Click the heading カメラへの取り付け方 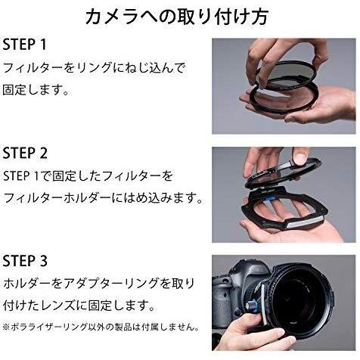point(177,17)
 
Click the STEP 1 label point(24,45)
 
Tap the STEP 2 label point(25,153)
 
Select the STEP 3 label point(25,261)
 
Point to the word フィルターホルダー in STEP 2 point(57,198)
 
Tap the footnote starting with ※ point(101,327)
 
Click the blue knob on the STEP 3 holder point(253,306)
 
